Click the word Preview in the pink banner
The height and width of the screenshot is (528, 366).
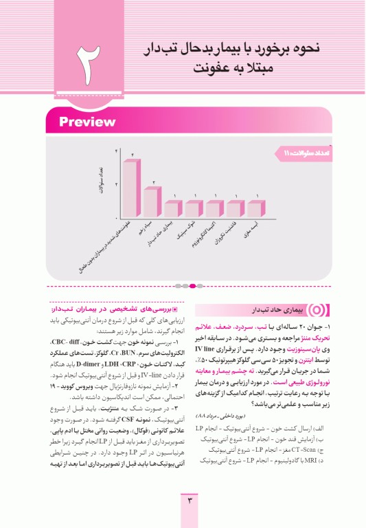[x=87, y=122]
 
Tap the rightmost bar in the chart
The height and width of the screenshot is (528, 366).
[x=255, y=208]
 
